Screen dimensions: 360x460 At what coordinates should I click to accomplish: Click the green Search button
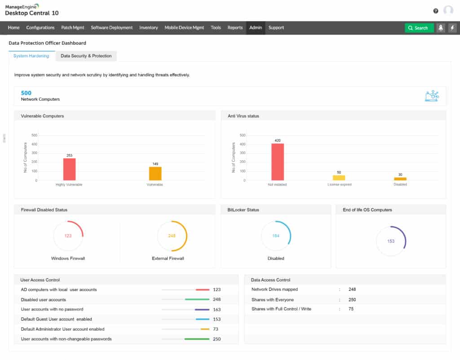tap(419, 28)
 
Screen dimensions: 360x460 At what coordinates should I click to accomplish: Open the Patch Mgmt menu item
tap(73, 27)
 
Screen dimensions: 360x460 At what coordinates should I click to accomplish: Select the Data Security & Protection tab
tap(86, 56)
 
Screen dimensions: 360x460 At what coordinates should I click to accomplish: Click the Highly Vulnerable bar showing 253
tap(69, 169)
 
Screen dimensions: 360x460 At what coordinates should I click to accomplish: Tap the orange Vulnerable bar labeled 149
tap(155, 173)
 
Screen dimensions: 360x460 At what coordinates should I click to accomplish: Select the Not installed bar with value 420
tap(278, 162)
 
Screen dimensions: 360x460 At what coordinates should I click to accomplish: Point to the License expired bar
tap(339, 178)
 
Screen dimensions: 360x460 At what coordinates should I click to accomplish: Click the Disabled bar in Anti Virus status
tap(400, 179)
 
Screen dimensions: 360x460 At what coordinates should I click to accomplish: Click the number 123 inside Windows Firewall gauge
tap(68, 236)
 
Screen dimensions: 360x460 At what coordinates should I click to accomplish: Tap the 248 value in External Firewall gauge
tap(172, 236)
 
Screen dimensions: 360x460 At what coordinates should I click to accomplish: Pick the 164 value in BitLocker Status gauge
tap(275, 236)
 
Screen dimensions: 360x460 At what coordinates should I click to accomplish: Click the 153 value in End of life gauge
tap(390, 241)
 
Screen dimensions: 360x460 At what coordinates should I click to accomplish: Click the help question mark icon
tap(436, 11)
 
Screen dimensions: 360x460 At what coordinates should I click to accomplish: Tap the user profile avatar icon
tap(448, 11)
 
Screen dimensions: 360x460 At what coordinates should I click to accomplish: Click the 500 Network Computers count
tap(26, 93)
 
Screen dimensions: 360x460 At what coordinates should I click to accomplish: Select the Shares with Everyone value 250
tap(352, 299)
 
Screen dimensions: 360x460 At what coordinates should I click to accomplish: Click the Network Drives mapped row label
tap(274, 289)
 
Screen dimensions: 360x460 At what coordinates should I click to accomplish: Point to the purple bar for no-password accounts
tap(202, 309)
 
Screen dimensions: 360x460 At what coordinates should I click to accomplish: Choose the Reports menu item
tap(235, 27)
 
